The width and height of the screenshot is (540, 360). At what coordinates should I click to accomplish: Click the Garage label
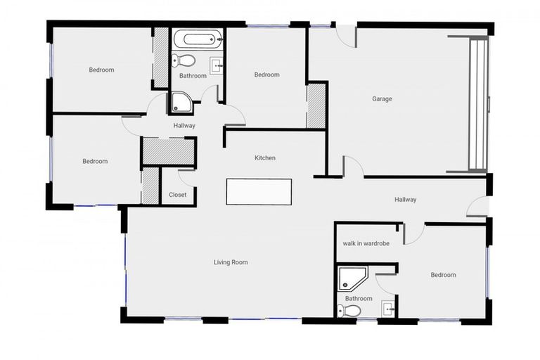pos(382,99)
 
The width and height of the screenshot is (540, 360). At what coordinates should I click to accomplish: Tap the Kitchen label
pos(265,158)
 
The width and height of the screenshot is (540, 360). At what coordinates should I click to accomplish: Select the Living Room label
pos(231,262)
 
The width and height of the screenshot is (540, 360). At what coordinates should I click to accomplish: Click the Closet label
pos(178,195)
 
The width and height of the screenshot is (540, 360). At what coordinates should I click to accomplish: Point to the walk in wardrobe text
pos(366,243)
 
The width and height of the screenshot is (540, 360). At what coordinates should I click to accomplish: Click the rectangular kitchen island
pos(259,191)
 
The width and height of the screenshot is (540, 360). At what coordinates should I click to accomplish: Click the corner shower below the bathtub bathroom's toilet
pos(181,103)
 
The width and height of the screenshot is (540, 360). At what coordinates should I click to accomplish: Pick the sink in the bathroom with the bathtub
pos(217,66)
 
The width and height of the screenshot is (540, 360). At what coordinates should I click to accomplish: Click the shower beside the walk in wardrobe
pos(350,278)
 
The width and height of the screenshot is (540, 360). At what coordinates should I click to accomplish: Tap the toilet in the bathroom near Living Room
pos(349,310)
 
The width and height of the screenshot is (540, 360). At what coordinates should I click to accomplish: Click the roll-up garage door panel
pos(478,103)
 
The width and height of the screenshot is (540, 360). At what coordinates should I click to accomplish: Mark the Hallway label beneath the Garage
pos(405,200)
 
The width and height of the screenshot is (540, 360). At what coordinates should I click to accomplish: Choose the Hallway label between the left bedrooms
pos(184,126)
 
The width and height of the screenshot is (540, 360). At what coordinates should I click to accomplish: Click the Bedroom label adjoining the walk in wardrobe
pos(443,275)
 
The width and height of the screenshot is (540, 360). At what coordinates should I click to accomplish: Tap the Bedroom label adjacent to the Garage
pos(266,75)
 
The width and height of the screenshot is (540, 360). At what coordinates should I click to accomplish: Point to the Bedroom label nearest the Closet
pos(95,161)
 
